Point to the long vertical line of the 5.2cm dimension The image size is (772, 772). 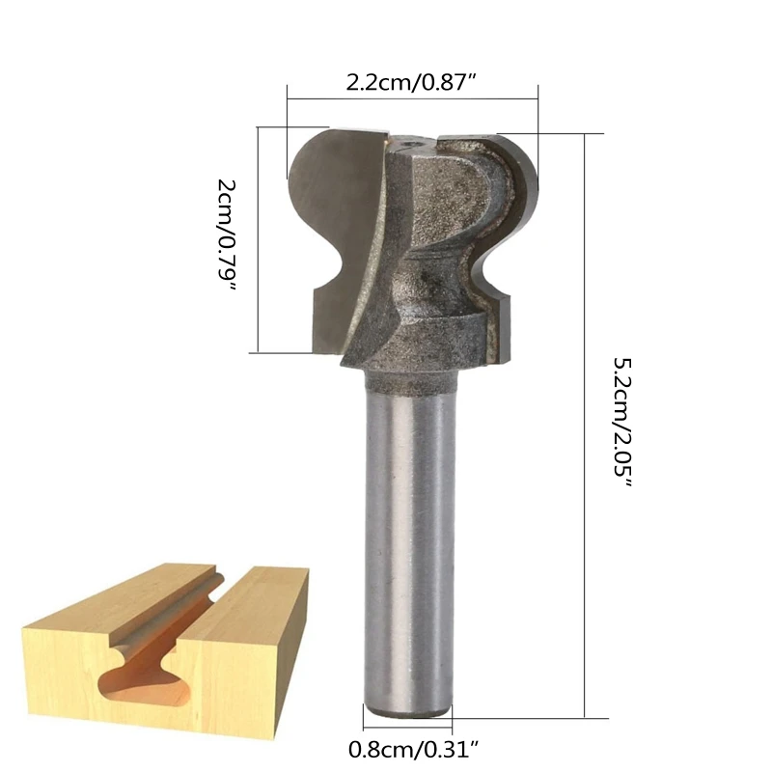click(586, 425)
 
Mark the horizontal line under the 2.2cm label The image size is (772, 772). click(413, 97)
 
